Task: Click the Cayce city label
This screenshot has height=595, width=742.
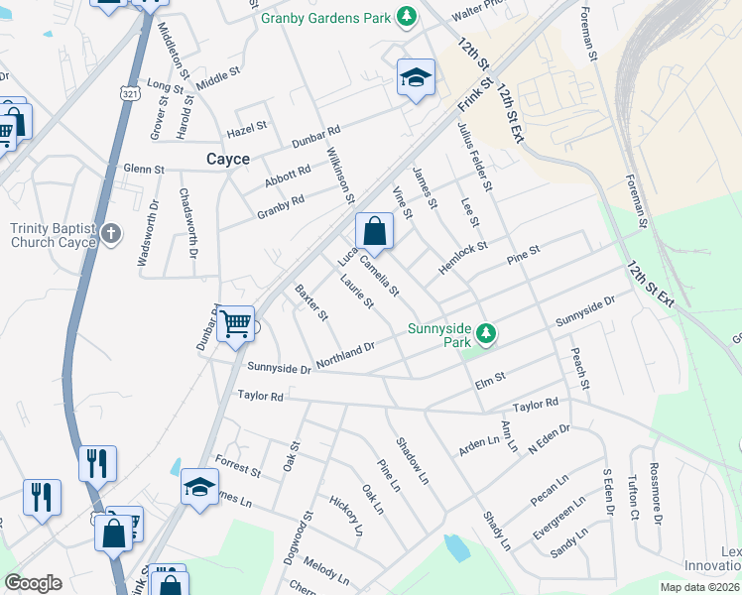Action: [227, 159]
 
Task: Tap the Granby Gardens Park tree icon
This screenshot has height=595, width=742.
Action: [406, 16]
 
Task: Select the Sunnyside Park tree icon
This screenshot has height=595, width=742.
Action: [486, 333]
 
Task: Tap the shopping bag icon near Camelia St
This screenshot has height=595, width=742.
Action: [375, 231]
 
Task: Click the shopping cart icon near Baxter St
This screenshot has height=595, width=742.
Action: [235, 323]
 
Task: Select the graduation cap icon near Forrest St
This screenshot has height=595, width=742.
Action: [199, 487]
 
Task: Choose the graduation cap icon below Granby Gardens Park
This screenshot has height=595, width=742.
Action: [417, 77]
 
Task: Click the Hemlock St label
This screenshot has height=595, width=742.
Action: [463, 260]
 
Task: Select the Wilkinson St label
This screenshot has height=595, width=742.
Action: [340, 176]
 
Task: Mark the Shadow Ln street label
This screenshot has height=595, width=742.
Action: [412, 460]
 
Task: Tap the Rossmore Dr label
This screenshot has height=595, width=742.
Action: [655, 493]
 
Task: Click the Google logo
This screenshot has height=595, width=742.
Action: [33, 583]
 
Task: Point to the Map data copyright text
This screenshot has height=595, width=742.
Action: [696, 587]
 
